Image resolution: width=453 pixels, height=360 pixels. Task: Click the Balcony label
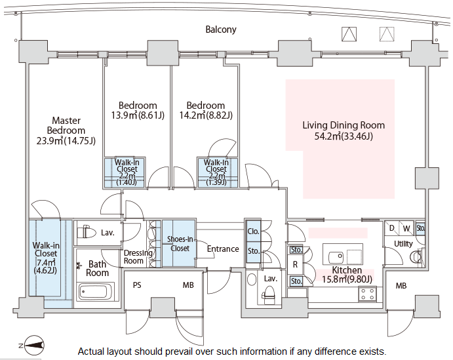[220, 30]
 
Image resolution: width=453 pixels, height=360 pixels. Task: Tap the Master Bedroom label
[66, 130]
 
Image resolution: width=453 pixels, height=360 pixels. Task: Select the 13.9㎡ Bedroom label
[138, 111]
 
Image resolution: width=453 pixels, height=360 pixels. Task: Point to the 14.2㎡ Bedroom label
[205, 111]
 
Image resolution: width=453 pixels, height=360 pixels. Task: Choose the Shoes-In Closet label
[179, 243]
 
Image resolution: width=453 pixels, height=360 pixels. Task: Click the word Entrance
[223, 249]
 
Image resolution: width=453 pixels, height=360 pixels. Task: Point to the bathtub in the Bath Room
[96, 290]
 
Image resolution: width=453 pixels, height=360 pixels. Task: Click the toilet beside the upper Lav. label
[85, 232]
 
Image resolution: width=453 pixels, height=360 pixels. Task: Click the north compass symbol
[33, 344]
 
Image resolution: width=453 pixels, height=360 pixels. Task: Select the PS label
[137, 285]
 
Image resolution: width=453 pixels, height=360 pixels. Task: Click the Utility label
[403, 243]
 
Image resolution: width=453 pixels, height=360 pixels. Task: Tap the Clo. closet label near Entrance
[253, 231]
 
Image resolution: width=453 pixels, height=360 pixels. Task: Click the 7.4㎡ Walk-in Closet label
[45, 258]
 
